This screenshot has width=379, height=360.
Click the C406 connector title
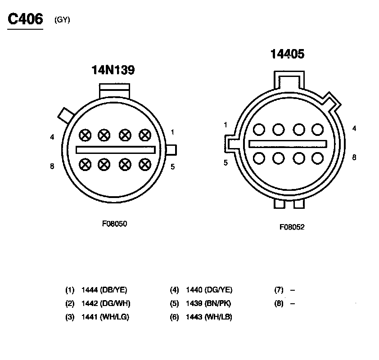pos(25,19)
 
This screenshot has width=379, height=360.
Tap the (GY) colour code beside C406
pos(62,20)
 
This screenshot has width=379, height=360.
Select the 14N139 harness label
pos(113,70)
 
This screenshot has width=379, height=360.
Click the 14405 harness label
pos(287,54)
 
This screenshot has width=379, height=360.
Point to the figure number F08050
pos(114,224)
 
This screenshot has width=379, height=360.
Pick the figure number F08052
pos(292,227)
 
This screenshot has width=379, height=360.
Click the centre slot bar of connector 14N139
pos(116,150)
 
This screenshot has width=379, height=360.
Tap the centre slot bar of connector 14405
pos(288,144)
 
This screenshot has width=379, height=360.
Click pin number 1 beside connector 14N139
pos(172,132)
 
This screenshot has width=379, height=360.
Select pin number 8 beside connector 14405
pos(354,157)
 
